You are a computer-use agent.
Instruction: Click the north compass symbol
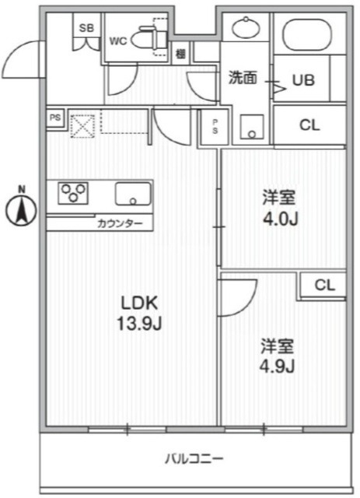[23, 207]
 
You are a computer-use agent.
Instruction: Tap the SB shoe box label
[86, 29]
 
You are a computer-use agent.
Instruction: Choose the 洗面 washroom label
[242, 79]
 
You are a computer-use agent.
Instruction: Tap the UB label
[303, 79]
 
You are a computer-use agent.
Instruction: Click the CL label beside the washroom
[309, 124]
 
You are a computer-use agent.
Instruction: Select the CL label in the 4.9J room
[324, 286]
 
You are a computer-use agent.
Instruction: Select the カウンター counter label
[120, 223]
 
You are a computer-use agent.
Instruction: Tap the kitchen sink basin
[133, 192]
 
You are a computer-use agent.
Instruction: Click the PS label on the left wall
[55, 118]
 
